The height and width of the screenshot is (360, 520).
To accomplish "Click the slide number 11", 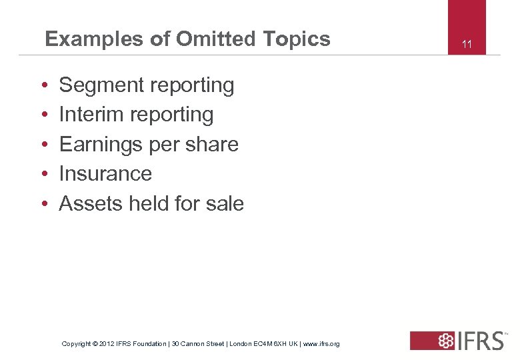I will tap(467, 45).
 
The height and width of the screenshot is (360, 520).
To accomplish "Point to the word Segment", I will tap(99, 85).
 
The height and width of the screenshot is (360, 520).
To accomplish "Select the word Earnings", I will tap(99, 145).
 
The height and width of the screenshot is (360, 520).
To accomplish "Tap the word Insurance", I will tap(105, 174).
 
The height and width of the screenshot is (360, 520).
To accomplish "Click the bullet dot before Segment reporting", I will tap(43, 86).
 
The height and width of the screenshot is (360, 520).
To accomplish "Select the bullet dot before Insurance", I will tap(43, 175).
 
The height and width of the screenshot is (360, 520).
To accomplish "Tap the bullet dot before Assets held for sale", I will tap(43, 204).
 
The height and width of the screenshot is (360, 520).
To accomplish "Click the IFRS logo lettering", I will tap(481, 341).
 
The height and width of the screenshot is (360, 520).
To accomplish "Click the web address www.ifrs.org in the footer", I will tap(321, 344).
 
